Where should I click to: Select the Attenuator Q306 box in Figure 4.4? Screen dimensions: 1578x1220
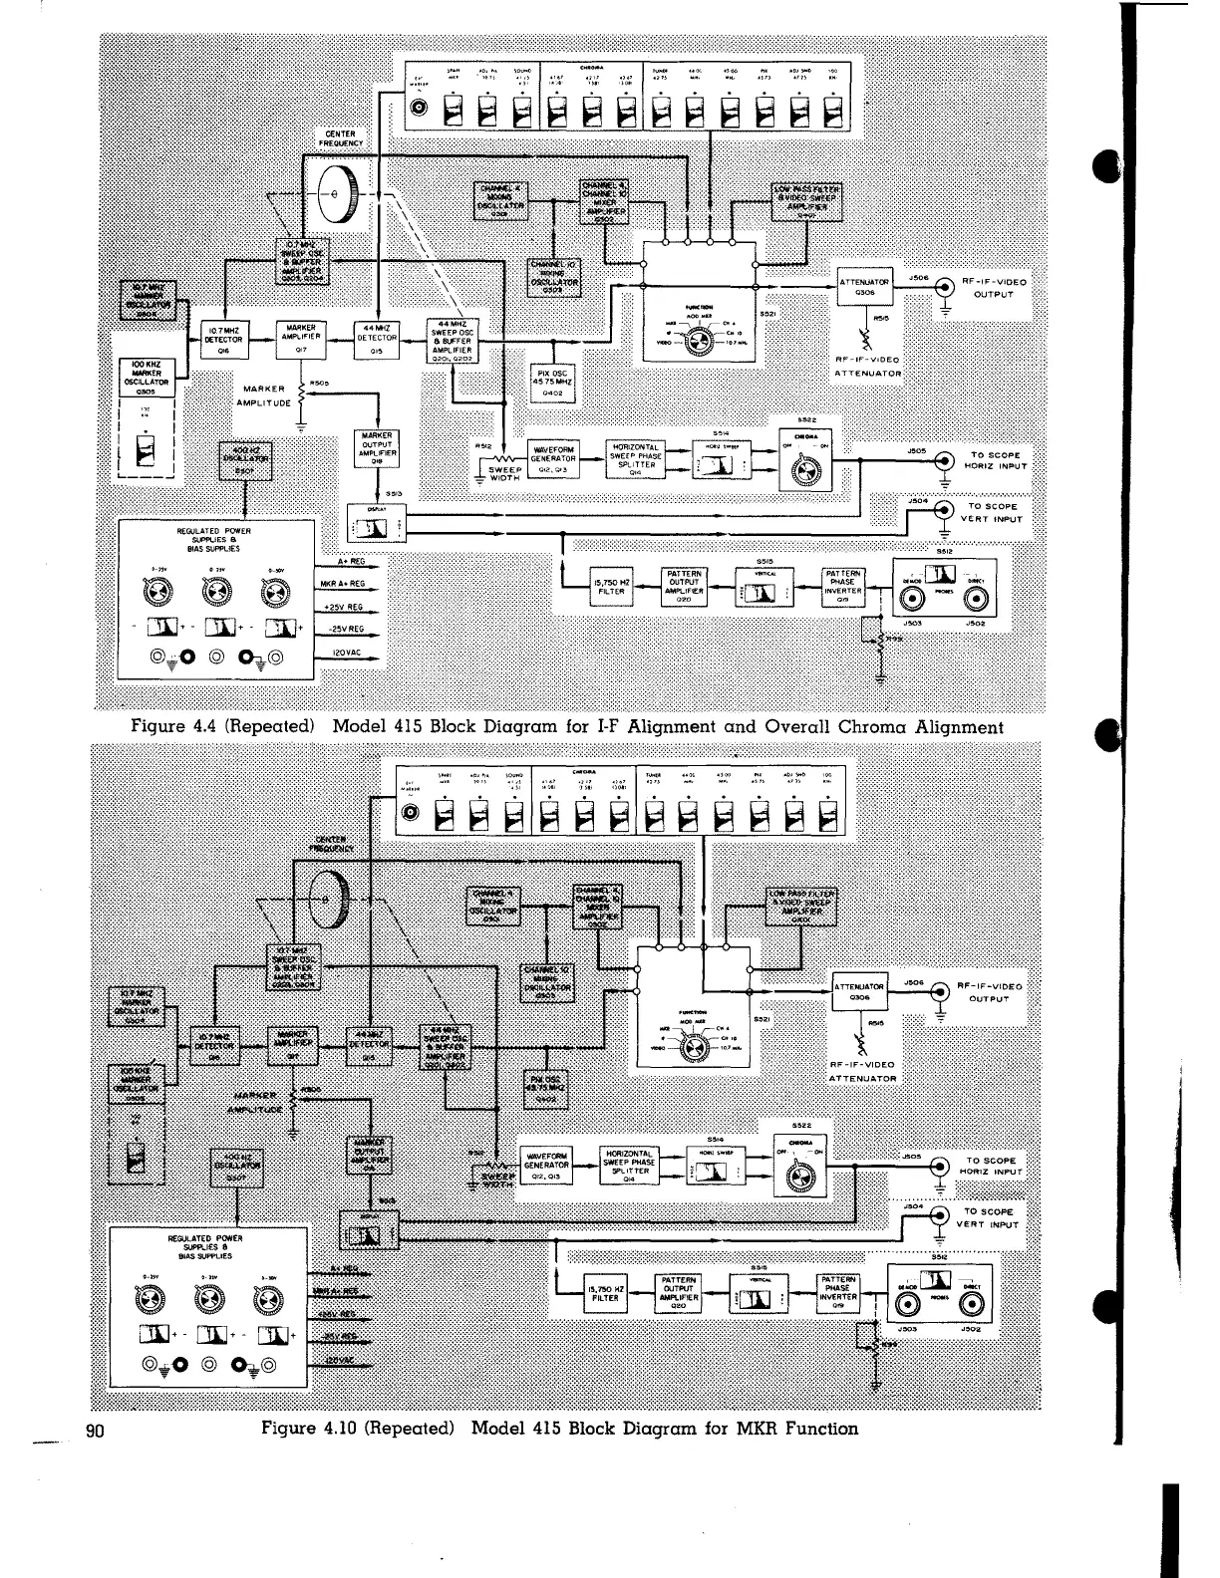[863, 287]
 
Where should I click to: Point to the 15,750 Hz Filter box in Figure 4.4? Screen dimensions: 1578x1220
[610, 586]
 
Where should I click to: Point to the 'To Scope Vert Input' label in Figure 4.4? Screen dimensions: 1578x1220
[992, 512]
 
